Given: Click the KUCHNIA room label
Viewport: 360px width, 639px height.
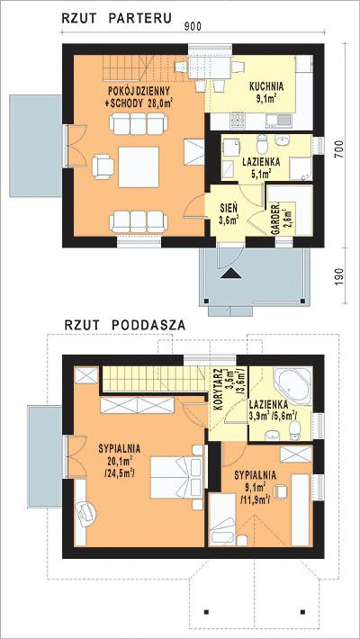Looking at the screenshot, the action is (x=266, y=86).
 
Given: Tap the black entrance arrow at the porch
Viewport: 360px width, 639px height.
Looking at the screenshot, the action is (x=230, y=274).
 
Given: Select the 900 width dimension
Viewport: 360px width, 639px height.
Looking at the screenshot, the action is (x=193, y=26).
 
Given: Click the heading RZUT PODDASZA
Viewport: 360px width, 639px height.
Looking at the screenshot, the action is (x=125, y=325).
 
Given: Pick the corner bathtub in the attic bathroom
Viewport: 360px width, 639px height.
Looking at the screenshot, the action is (x=292, y=385).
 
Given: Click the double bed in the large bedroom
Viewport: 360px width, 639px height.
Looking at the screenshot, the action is (x=176, y=477).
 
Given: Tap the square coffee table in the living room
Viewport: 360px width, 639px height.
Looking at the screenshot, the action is (x=139, y=167).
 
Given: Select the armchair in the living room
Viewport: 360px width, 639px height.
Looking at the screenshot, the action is (x=103, y=166).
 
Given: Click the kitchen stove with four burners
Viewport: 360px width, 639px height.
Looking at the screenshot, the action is (x=238, y=121).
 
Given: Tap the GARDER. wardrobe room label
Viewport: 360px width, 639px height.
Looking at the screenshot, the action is (x=275, y=219).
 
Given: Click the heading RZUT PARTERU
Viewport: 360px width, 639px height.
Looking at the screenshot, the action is (x=116, y=18).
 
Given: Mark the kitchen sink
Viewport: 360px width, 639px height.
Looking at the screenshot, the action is (x=279, y=121).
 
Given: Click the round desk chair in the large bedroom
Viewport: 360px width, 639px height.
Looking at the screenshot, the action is (x=86, y=512).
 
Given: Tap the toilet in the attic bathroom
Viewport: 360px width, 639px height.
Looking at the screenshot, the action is (x=295, y=430).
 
